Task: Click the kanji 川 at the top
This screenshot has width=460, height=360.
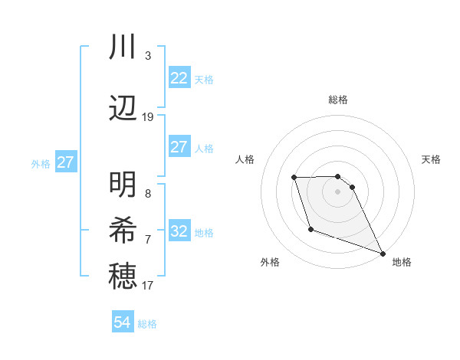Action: point(123,47)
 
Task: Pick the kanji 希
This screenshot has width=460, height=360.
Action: point(123,230)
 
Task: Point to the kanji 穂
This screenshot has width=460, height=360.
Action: point(123,276)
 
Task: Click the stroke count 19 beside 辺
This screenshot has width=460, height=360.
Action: point(148,117)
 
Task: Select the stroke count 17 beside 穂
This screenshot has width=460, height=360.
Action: point(148,286)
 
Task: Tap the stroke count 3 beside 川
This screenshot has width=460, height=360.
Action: point(148,56)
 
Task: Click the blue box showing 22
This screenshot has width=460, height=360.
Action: point(179,78)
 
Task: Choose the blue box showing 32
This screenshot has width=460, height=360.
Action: point(179,231)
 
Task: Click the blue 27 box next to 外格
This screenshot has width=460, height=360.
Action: point(66,162)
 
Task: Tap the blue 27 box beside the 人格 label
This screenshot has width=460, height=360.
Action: point(179,147)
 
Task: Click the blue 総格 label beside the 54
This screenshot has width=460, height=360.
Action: point(147,324)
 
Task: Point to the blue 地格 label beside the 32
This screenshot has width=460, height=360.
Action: point(204,233)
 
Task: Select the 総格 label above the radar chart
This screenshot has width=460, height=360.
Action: point(337,100)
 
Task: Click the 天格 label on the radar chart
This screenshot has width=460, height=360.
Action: point(431,159)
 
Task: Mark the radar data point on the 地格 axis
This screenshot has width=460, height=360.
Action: point(383,254)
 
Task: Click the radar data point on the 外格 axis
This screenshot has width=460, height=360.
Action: point(310,229)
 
